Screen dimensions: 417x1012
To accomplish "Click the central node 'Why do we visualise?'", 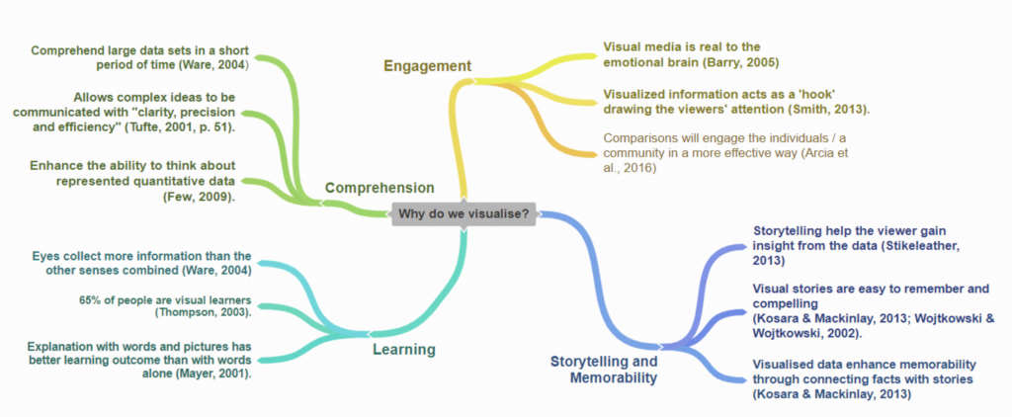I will click(x=463, y=213).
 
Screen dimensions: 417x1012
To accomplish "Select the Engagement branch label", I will click(x=427, y=66).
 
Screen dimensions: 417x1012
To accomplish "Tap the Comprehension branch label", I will click(x=379, y=187).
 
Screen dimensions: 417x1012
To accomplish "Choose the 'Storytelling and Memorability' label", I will click(x=603, y=370).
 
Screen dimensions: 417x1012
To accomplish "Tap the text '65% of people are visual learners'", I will click(x=165, y=299).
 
